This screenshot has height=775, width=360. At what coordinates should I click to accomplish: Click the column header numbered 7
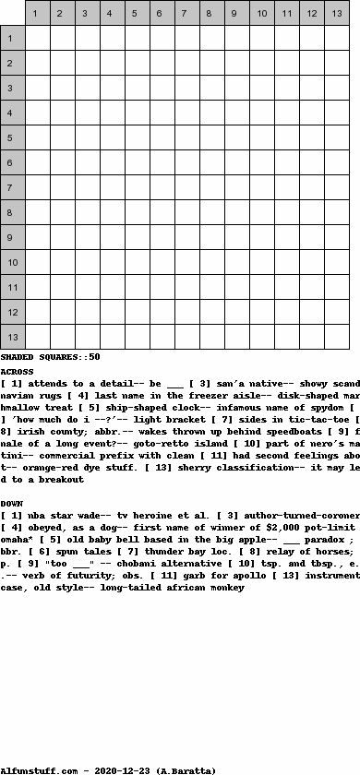pos(187,13)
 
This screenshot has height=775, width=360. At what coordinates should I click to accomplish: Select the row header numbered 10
pos(13,263)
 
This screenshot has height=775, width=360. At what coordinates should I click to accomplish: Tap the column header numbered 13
pos(337,13)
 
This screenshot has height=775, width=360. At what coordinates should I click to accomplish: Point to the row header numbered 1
pos(13,39)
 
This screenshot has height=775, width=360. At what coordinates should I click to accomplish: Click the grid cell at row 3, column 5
pos(138,89)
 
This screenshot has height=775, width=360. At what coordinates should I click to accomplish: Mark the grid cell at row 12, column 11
pos(287,313)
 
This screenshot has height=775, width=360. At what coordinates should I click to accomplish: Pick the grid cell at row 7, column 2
pos(63,188)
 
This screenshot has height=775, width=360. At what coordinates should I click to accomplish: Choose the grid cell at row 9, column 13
pos(337,238)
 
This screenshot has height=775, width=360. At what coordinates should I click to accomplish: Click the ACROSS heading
pos(18,371)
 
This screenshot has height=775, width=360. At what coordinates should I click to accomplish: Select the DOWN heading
pos(12,503)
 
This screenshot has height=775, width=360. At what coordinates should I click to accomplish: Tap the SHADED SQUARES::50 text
pos(50,357)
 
